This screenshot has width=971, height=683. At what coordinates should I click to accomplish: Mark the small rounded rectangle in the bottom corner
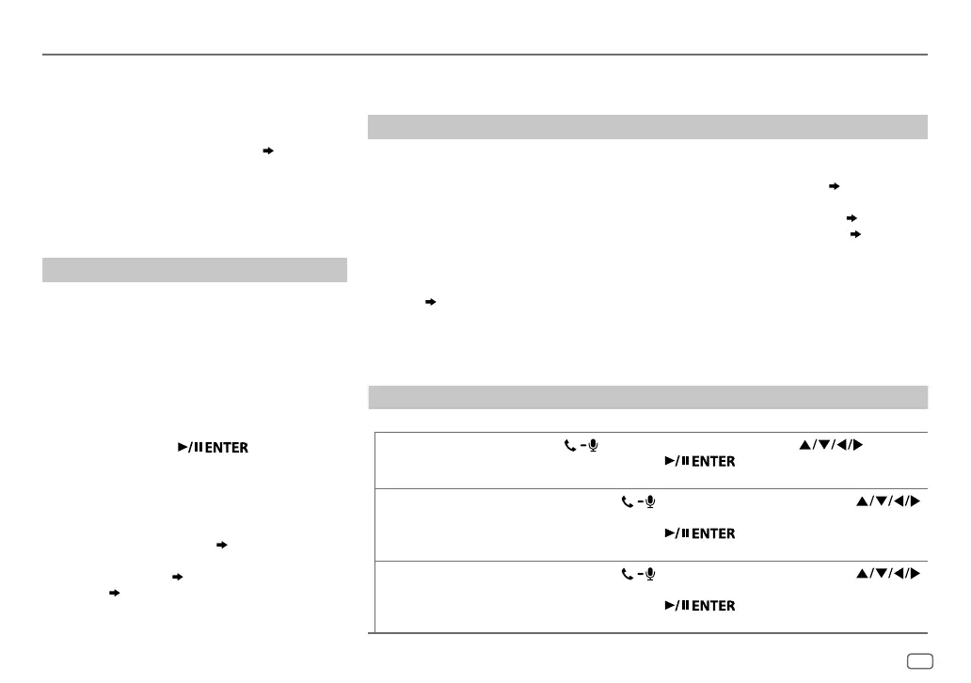pos(920,662)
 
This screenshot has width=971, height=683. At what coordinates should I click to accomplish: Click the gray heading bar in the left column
pos(195,270)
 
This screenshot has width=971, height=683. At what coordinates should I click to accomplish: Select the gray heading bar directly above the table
pos(647,397)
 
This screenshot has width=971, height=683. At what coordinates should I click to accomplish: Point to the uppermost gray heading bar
pos(647,127)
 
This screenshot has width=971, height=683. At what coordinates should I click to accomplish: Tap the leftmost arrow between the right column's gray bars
pos(431,302)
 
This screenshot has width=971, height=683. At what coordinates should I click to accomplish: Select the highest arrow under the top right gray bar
pos(833,186)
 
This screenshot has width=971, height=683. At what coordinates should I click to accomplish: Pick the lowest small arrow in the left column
pos(114,594)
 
